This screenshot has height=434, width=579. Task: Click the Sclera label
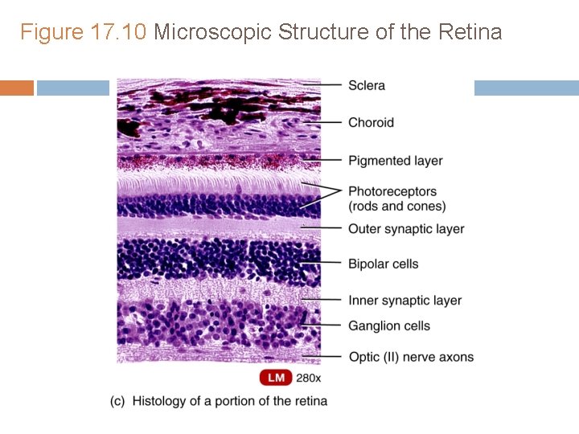(366, 85)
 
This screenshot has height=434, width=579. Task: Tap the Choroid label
(371, 122)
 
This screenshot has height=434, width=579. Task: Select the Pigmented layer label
(395, 161)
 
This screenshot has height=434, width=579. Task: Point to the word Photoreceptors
(392, 191)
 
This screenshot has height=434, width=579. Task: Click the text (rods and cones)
(396, 207)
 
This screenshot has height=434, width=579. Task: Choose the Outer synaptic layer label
(406, 229)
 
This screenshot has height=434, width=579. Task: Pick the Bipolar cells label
(383, 264)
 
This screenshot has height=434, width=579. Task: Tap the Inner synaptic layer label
(404, 301)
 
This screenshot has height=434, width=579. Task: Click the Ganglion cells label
(389, 325)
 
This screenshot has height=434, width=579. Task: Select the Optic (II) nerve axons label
(411, 357)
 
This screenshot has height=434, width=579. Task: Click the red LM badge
(275, 377)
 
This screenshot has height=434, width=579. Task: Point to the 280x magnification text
(309, 377)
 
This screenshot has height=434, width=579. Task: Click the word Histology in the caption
(158, 400)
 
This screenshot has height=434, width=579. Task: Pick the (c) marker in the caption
(117, 400)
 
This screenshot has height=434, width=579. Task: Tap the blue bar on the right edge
(526, 88)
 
